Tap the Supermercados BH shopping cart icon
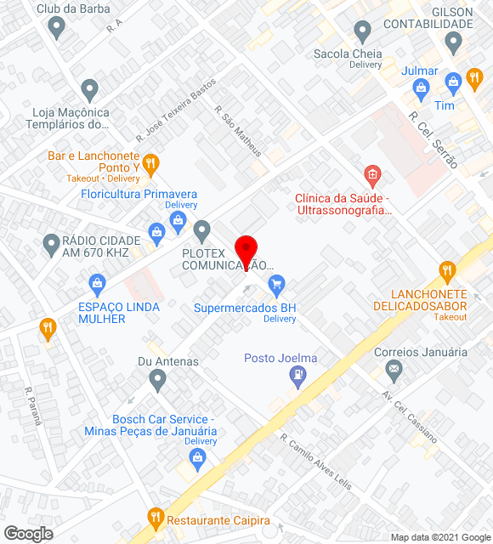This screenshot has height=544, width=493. (275, 284)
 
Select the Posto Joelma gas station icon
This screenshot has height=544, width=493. (297, 375)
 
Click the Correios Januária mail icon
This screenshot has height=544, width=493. (393, 369)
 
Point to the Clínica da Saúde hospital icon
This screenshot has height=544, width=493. (371, 176)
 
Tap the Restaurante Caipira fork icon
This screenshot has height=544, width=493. (155, 515)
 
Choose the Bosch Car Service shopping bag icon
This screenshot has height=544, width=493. (198, 460)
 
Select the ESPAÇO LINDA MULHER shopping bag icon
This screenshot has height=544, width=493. (97, 282)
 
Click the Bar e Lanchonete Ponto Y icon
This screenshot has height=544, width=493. (150, 162)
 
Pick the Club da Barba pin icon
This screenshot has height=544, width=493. (57, 27)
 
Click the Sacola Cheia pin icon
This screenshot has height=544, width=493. (363, 32)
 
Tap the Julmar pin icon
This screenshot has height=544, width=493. (420, 87)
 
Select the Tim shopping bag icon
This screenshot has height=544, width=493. (452, 81)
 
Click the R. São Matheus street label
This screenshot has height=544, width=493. (237, 133)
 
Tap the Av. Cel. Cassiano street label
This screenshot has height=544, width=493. (411, 416)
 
